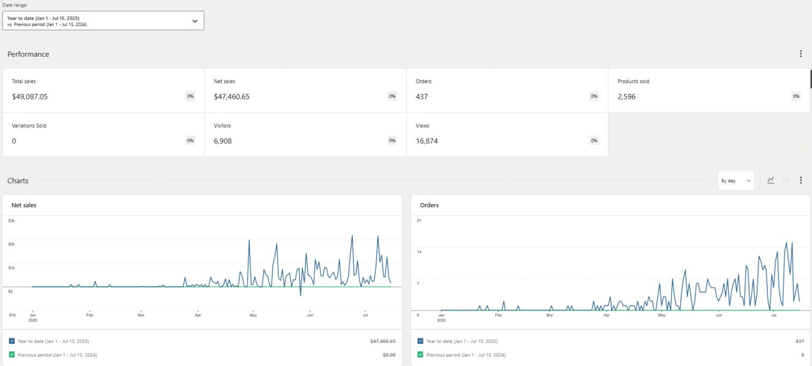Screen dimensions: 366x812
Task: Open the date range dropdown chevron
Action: tap(195, 21)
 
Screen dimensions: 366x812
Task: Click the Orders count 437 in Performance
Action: tap(422, 97)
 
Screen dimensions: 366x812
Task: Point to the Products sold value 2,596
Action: tap(626, 97)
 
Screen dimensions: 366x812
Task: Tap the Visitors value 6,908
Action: tap(223, 141)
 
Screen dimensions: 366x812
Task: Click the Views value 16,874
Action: tap(427, 141)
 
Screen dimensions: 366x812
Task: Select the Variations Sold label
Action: tap(33, 126)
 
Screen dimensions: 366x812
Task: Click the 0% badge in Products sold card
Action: tap(796, 96)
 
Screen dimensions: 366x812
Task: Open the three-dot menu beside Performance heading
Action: tap(800, 54)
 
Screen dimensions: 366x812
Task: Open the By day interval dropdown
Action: tap(736, 180)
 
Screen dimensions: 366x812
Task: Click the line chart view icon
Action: tap(771, 180)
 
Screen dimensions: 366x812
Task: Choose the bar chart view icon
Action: tap(786, 180)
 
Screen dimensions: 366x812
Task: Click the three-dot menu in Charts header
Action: tap(800, 180)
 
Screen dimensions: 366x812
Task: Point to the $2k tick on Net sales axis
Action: tap(11, 244)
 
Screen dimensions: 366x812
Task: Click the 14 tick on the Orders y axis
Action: tap(419, 252)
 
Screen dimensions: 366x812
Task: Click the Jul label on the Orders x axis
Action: tap(774, 315)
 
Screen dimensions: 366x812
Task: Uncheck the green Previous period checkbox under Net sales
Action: tap(12, 355)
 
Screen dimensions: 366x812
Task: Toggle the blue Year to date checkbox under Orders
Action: tap(420, 341)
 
